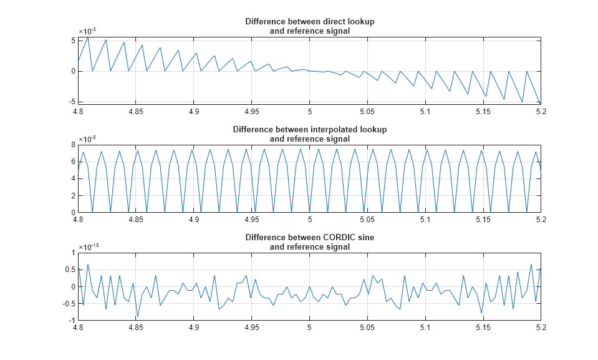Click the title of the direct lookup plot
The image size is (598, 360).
click(309, 26)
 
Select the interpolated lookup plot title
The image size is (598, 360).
click(309, 134)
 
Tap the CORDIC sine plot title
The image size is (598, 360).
click(309, 242)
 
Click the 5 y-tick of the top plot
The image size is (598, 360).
click(73, 41)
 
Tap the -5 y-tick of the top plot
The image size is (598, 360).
click(71, 101)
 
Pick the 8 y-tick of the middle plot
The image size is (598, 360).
click(73, 145)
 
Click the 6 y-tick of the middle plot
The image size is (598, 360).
click(73, 162)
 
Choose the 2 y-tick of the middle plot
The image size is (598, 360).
click(73, 195)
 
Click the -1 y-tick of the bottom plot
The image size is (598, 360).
click(71, 320)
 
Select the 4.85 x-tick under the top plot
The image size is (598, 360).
click(136, 111)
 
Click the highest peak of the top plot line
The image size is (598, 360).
click(88, 37)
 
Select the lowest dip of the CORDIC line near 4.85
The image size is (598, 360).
click(138, 317)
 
